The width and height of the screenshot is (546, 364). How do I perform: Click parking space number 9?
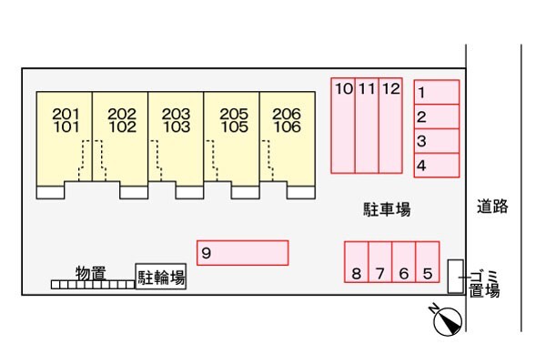[242, 252]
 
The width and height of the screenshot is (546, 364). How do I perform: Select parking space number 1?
[436, 92]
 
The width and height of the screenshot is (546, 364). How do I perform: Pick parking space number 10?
[343, 125]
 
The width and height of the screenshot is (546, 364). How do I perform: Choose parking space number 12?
[390, 125]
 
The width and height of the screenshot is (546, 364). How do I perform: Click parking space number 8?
[357, 263]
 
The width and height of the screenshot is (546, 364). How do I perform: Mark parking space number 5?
[428, 263]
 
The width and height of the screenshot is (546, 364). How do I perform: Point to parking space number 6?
[404, 263]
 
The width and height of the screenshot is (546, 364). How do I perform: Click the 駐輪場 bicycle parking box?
[161, 278]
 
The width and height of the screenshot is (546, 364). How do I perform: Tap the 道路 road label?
[492, 207]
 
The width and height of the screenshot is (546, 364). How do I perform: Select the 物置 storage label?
[90, 272]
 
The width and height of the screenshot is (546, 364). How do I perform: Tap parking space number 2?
[436, 116]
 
